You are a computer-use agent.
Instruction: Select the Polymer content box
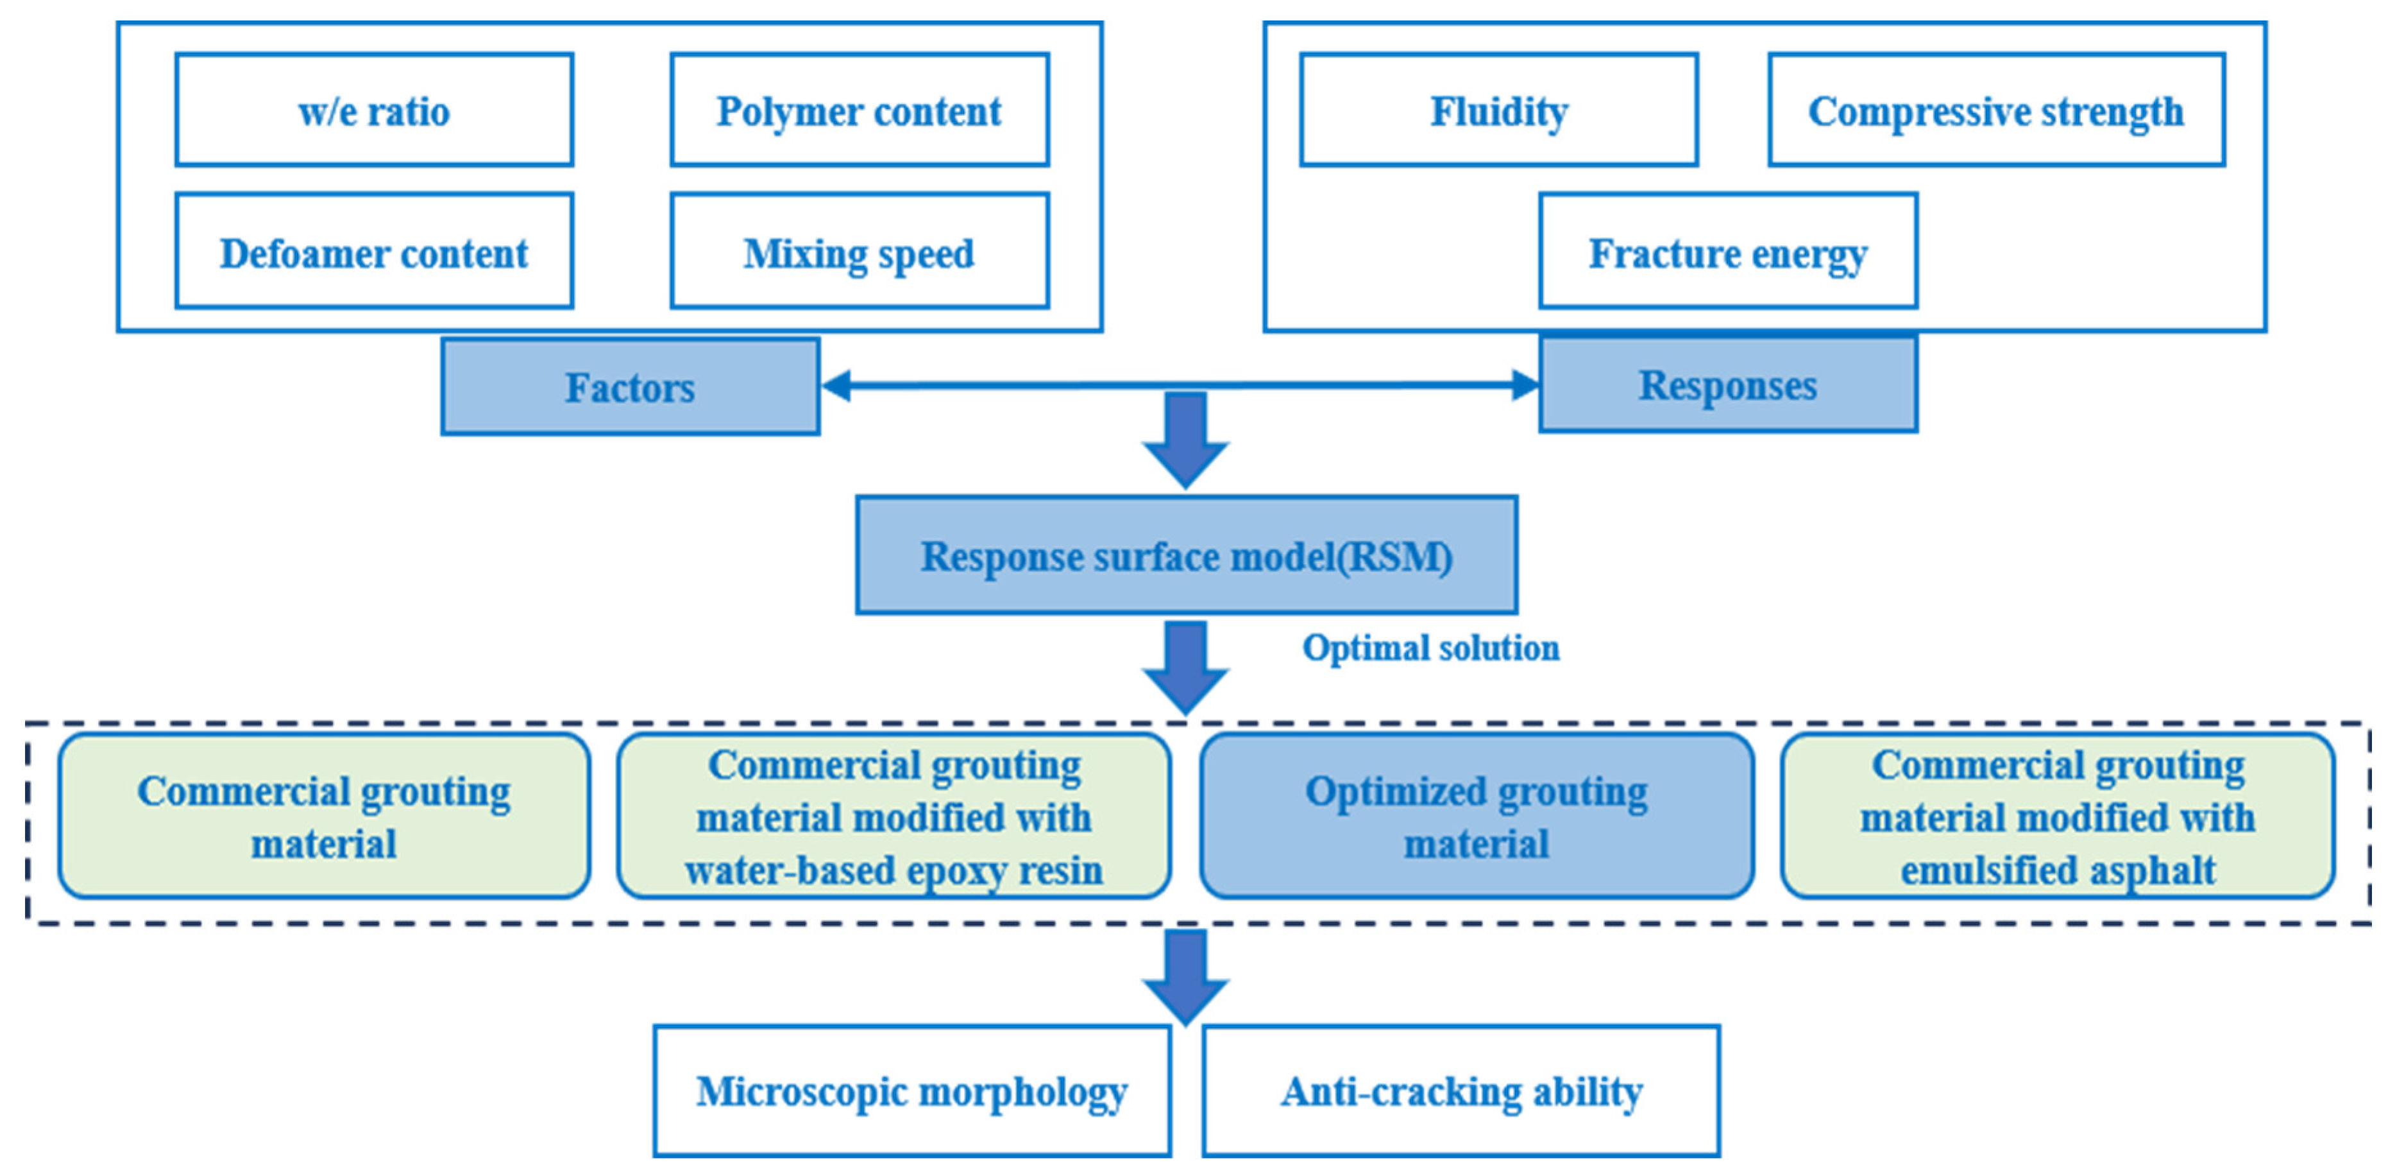(x=860, y=110)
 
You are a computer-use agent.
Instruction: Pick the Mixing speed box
(x=860, y=252)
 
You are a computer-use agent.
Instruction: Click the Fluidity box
(x=1498, y=110)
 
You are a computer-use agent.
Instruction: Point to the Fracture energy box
(x=1727, y=252)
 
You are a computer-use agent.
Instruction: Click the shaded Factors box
(x=631, y=386)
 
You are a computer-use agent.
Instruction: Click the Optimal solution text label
(x=1430, y=647)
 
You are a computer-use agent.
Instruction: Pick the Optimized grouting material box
(x=1476, y=816)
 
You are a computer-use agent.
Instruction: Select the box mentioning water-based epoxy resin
(x=893, y=816)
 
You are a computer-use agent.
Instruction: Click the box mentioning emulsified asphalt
(x=2056, y=816)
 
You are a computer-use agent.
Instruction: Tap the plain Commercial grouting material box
(x=323, y=816)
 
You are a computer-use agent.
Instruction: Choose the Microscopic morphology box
(x=911, y=1091)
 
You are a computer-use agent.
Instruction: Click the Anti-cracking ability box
(x=1461, y=1091)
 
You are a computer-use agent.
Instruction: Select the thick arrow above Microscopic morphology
(x=1185, y=976)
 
